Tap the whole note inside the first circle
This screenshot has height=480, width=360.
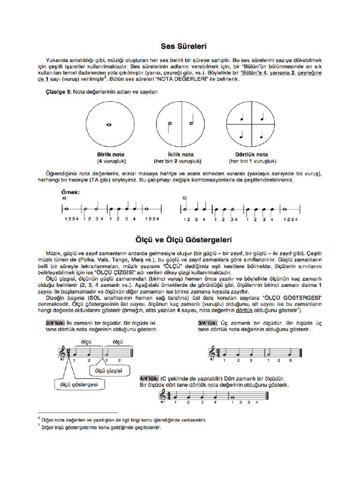click(x=108, y=125)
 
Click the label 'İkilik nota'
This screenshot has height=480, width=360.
click(x=180, y=154)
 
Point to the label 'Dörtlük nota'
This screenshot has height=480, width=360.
click(x=251, y=154)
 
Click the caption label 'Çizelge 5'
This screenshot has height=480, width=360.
click(x=58, y=92)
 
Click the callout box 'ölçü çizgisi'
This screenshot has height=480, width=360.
click(x=108, y=371)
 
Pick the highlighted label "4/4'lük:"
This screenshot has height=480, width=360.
click(x=149, y=378)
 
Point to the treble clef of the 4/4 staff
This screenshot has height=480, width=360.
click(x=162, y=397)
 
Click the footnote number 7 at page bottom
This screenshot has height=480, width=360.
click(x=39, y=427)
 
